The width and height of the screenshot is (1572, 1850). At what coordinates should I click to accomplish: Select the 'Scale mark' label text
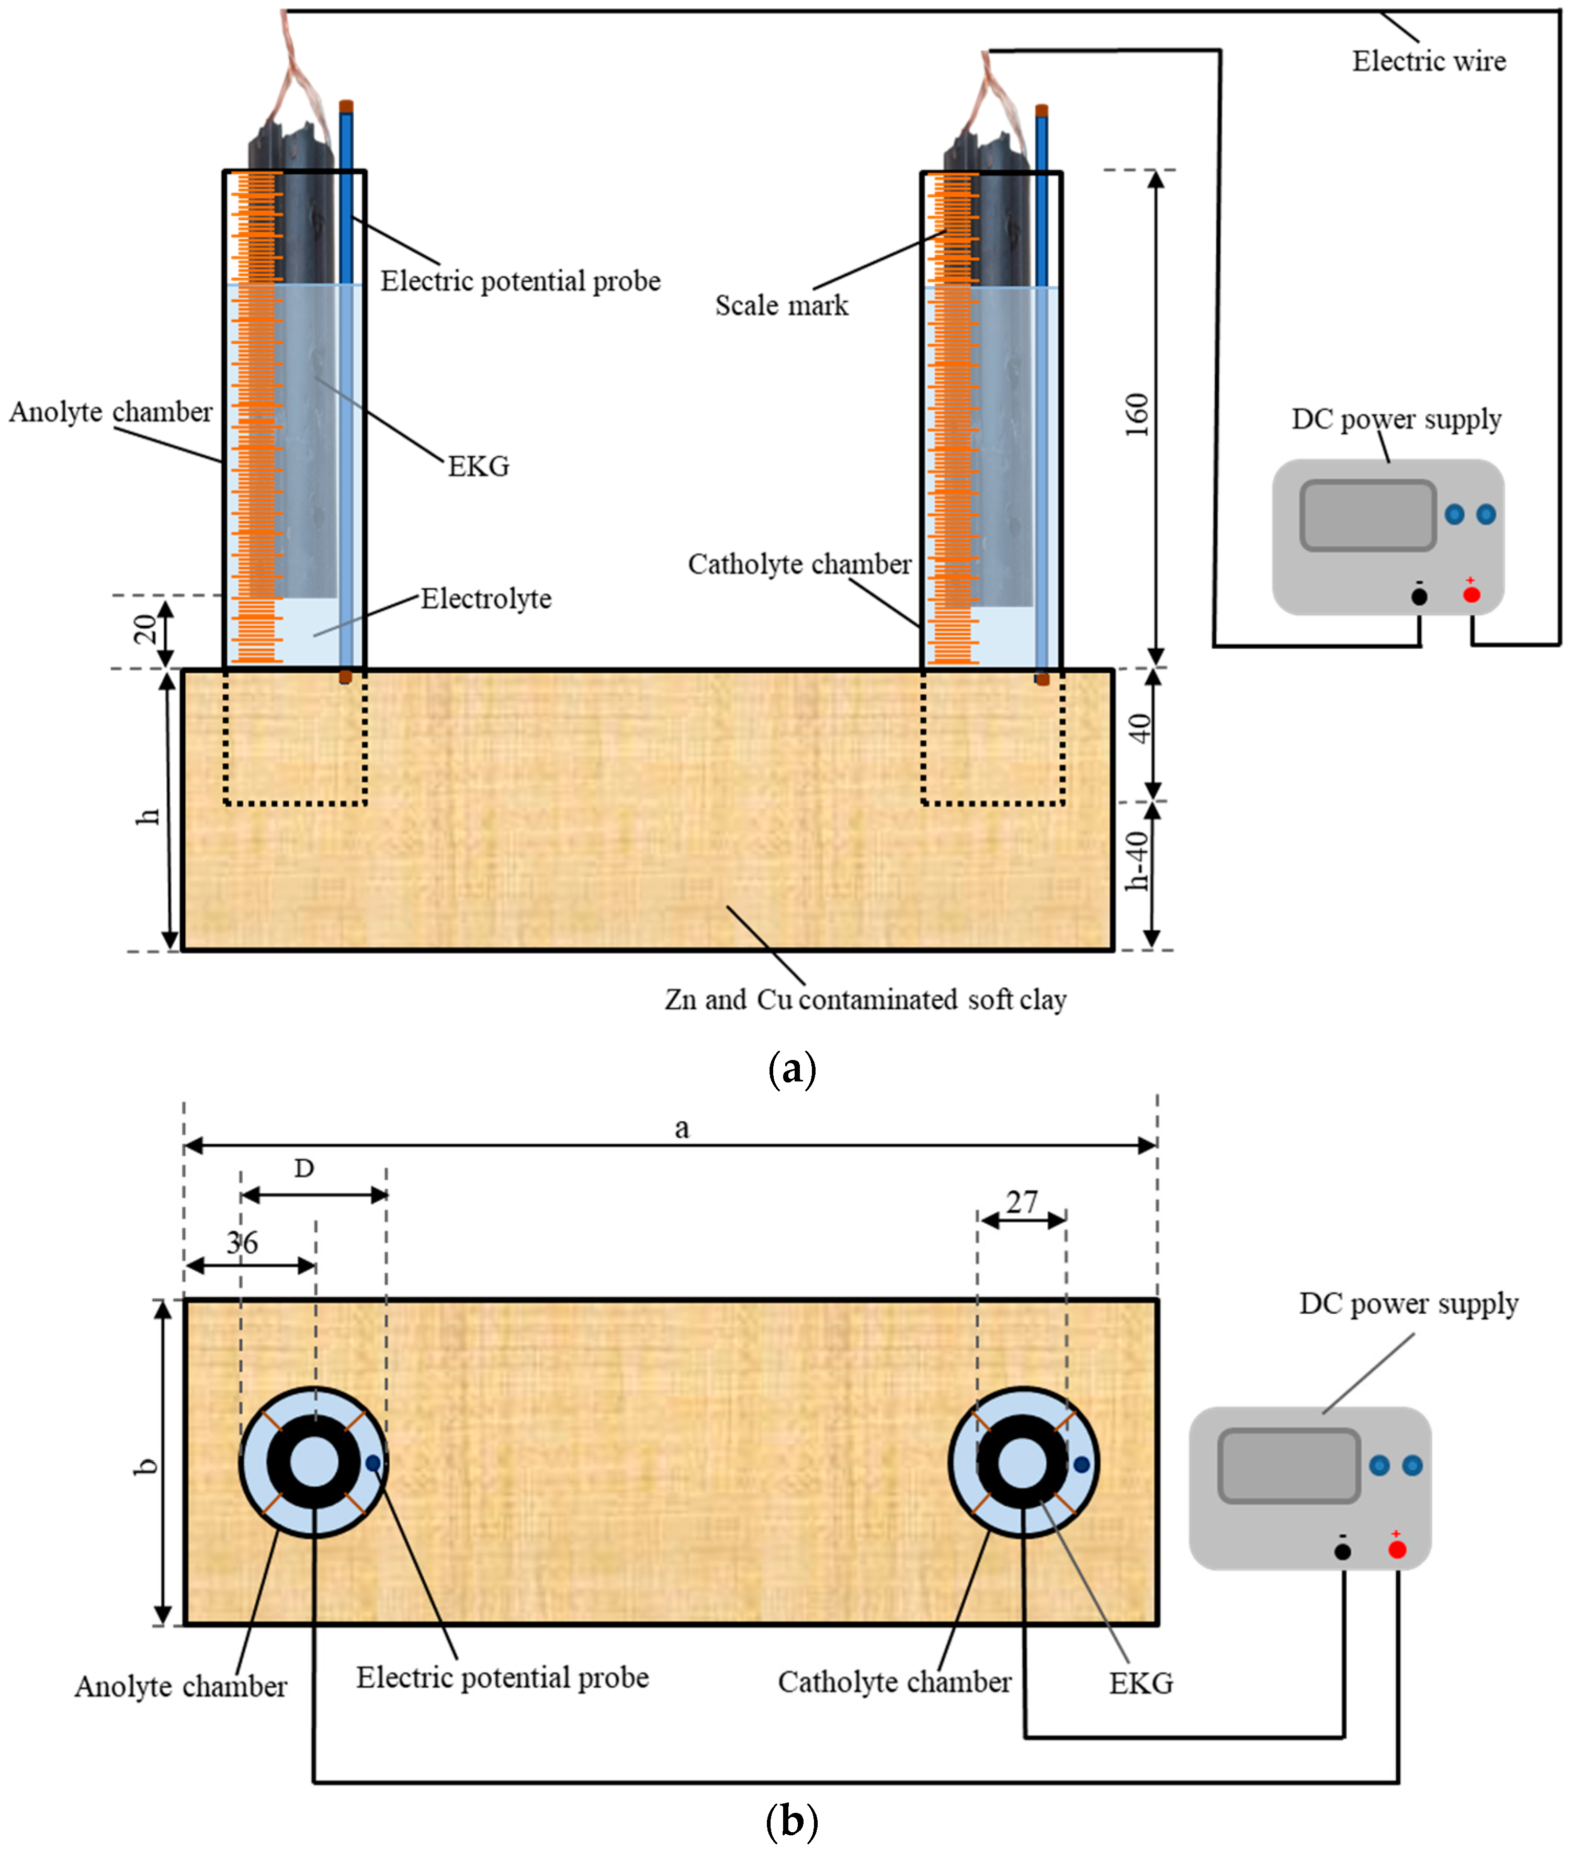click(782, 306)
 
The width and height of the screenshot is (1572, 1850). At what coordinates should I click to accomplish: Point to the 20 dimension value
click(145, 629)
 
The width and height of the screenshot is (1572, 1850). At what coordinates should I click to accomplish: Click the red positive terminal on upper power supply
click(1472, 594)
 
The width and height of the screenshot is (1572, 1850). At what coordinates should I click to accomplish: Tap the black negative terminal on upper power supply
click(1419, 596)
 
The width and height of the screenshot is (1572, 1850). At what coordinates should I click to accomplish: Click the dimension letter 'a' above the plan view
click(682, 1129)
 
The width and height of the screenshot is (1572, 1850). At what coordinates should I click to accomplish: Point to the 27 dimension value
click(1022, 1202)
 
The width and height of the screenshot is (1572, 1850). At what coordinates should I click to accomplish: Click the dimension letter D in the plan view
click(304, 1168)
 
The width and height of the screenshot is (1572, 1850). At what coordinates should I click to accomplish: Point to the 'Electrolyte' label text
click(485, 599)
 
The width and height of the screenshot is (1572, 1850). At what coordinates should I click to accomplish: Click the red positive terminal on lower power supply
click(1396, 1550)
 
